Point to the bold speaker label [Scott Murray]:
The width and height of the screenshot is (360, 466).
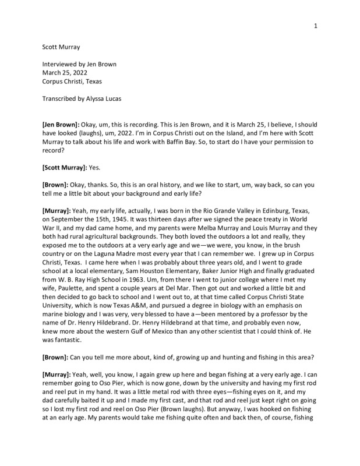tap(69, 167)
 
